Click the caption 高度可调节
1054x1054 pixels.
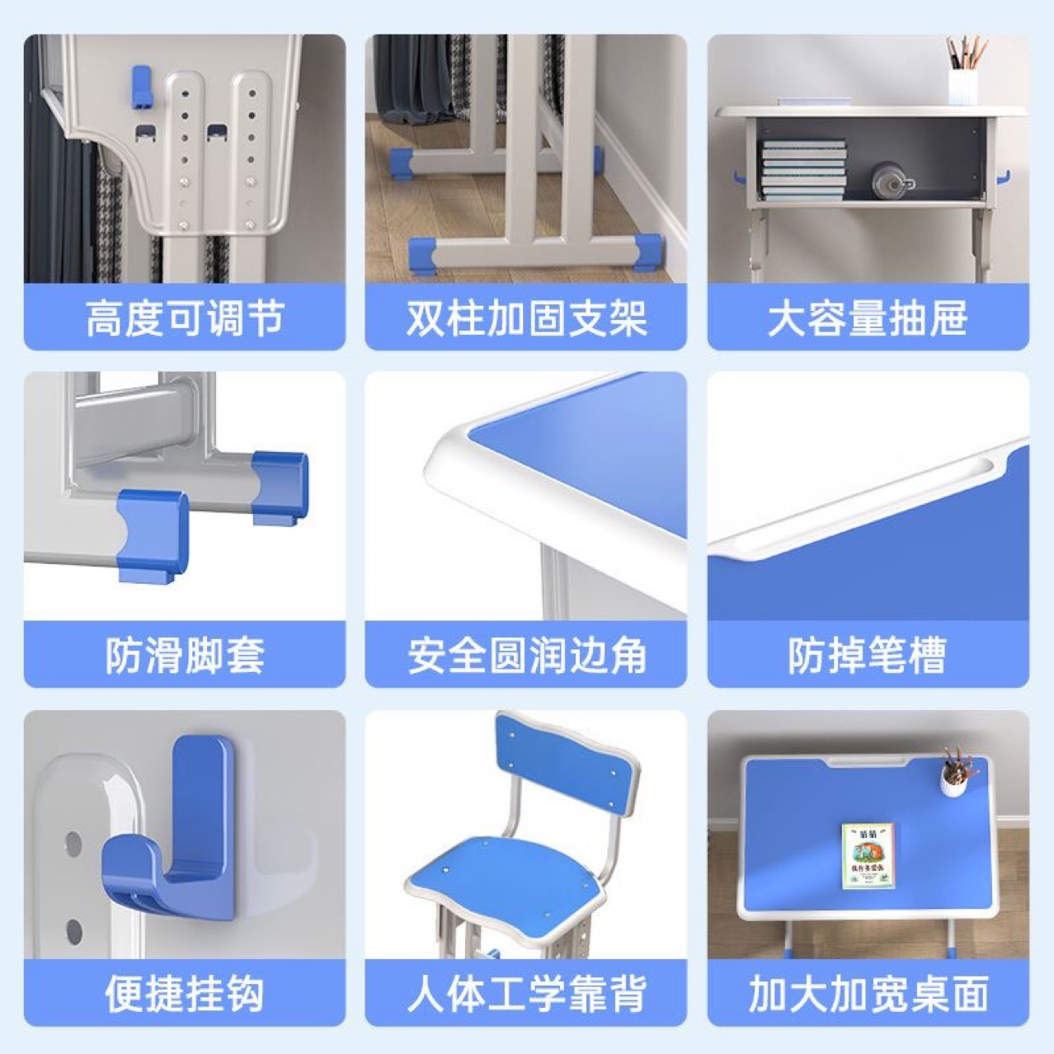pyautogui.click(x=184, y=318)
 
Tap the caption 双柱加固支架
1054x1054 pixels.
pyautogui.click(x=525, y=318)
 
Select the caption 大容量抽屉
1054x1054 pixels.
pyautogui.click(x=868, y=318)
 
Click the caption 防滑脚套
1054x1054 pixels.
pyautogui.click(x=184, y=656)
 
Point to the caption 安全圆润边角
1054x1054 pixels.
pyautogui.click(x=525, y=656)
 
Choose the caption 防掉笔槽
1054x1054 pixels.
pyautogui.click(x=868, y=656)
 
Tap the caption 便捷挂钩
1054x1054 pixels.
pyautogui.click(x=184, y=993)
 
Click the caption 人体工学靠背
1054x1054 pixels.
pyautogui.click(x=525, y=993)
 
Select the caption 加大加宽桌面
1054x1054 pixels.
pyautogui.click(x=868, y=993)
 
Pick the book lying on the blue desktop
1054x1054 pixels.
pyautogui.click(x=868, y=856)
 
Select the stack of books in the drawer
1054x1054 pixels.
pyautogui.click(x=802, y=170)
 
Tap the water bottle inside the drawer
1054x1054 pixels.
pyautogui.click(x=891, y=181)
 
